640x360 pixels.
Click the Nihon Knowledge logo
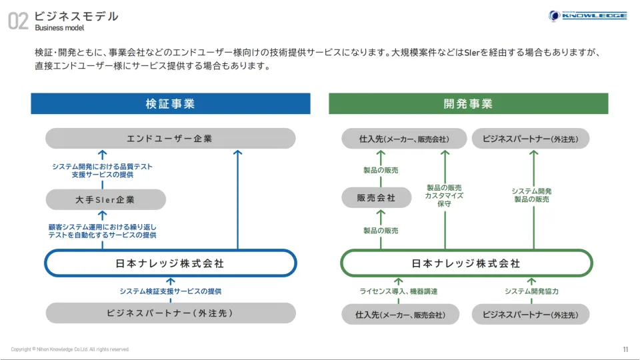pos(587,16)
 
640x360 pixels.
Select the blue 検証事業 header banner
pos(170,104)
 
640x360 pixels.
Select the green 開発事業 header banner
pos(468,104)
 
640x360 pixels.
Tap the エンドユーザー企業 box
pos(170,139)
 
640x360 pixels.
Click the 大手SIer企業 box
pos(105,199)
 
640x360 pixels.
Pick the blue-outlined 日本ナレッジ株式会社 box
pos(170,263)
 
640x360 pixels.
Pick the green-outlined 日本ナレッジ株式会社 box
pos(466,263)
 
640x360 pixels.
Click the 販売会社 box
pos(377,198)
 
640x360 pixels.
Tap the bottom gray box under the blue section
pos(170,313)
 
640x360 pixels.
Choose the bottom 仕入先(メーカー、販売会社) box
pos(400,314)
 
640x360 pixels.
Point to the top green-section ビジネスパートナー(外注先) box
pos(531,139)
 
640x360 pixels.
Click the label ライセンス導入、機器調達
pos(399,291)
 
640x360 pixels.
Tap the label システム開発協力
pos(531,291)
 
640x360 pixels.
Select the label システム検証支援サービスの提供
pos(171,291)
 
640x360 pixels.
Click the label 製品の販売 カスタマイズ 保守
pos(445,196)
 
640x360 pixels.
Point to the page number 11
pos(625,349)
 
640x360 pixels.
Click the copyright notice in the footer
pos(70,349)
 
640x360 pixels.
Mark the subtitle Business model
pos(59,28)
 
